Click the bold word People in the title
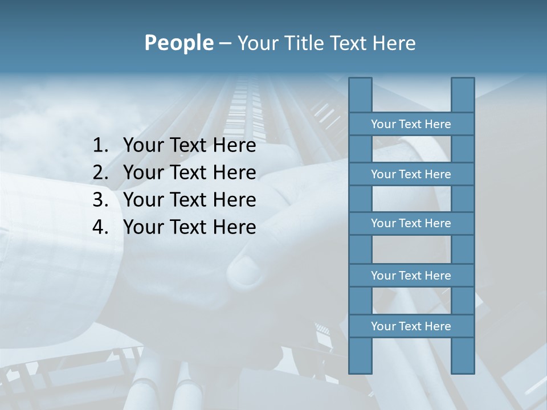(x=178, y=43)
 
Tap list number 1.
(x=100, y=146)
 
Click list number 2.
(x=100, y=173)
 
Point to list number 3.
(x=100, y=200)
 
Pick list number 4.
(x=100, y=227)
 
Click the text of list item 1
(x=189, y=146)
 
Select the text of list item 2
(x=189, y=173)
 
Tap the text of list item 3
(x=189, y=200)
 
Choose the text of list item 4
(x=189, y=227)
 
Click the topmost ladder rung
(x=411, y=124)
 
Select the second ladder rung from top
(x=411, y=174)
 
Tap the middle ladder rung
(x=411, y=223)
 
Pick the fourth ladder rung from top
(x=411, y=276)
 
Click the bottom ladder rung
(x=411, y=326)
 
